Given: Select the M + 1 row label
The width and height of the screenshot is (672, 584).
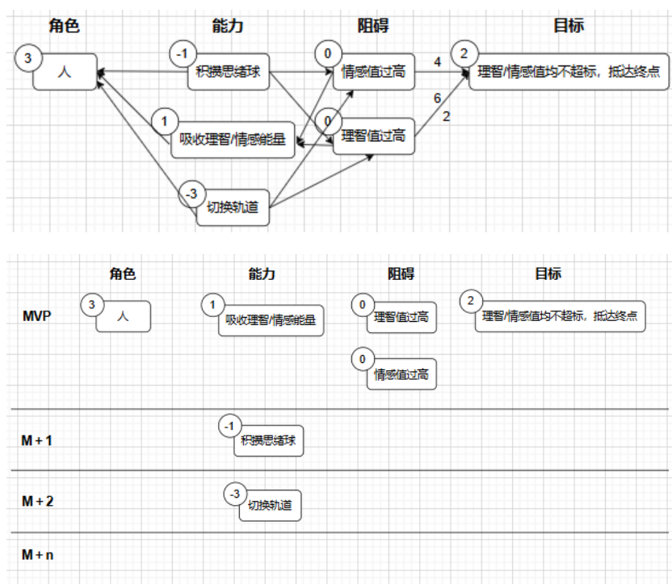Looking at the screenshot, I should (36, 440).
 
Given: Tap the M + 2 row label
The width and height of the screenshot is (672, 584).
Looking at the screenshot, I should (37, 501).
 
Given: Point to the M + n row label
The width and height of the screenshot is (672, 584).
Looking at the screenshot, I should (37, 555).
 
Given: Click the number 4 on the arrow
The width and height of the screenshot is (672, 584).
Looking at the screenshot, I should (438, 62).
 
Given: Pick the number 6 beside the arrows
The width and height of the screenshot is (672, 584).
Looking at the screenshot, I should (437, 98).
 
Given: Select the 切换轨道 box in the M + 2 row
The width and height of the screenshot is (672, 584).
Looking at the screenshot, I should (271, 506).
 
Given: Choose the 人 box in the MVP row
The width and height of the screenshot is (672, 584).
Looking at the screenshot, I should (124, 316).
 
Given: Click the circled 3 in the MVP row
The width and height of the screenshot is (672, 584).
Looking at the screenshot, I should (92, 304).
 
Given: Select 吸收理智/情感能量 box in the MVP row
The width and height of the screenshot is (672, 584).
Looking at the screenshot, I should (271, 319).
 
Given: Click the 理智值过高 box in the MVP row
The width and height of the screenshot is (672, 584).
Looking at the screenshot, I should (401, 317).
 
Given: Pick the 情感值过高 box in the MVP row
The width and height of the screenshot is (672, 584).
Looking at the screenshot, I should (401, 374).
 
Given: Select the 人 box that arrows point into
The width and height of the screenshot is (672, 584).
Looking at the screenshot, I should (65, 72).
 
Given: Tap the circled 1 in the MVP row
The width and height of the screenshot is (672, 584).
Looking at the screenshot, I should (212, 305).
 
